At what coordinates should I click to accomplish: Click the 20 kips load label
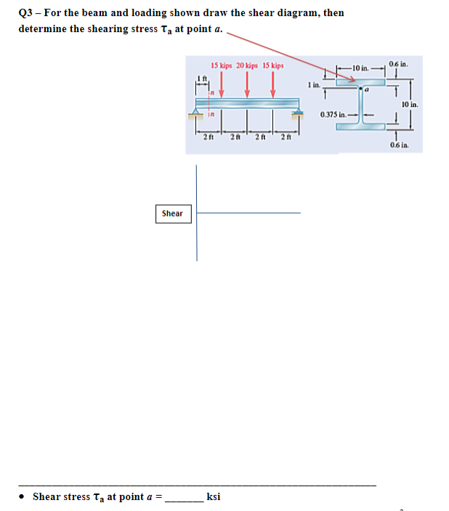[248, 65]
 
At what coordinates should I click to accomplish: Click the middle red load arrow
[248, 86]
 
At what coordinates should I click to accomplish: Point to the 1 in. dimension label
[313, 85]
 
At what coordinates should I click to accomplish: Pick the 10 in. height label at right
[409, 105]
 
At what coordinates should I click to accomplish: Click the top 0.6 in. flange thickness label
[399, 63]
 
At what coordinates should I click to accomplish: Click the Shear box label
[172, 214]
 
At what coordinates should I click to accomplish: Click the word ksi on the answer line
[214, 497]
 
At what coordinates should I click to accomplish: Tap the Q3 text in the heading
[27, 12]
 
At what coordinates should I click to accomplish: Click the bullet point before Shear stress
[23, 498]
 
